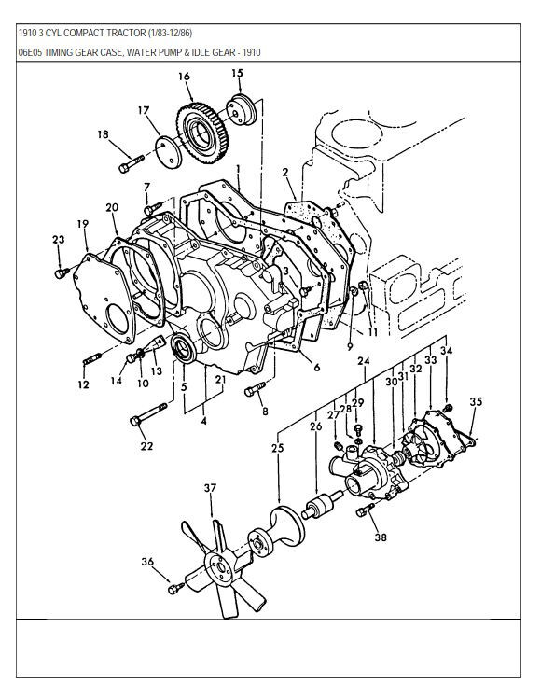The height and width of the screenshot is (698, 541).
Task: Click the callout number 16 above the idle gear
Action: click(183, 76)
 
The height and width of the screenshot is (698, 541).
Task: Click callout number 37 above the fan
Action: click(211, 488)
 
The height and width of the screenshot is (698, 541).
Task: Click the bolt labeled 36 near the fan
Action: click(174, 587)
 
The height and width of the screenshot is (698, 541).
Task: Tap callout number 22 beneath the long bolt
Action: click(146, 446)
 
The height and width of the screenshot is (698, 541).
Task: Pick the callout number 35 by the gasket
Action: click(476, 402)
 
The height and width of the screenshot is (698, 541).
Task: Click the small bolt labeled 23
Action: click(62, 273)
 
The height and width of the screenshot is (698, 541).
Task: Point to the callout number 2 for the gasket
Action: click(284, 172)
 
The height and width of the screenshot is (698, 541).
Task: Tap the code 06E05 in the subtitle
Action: click(32, 53)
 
